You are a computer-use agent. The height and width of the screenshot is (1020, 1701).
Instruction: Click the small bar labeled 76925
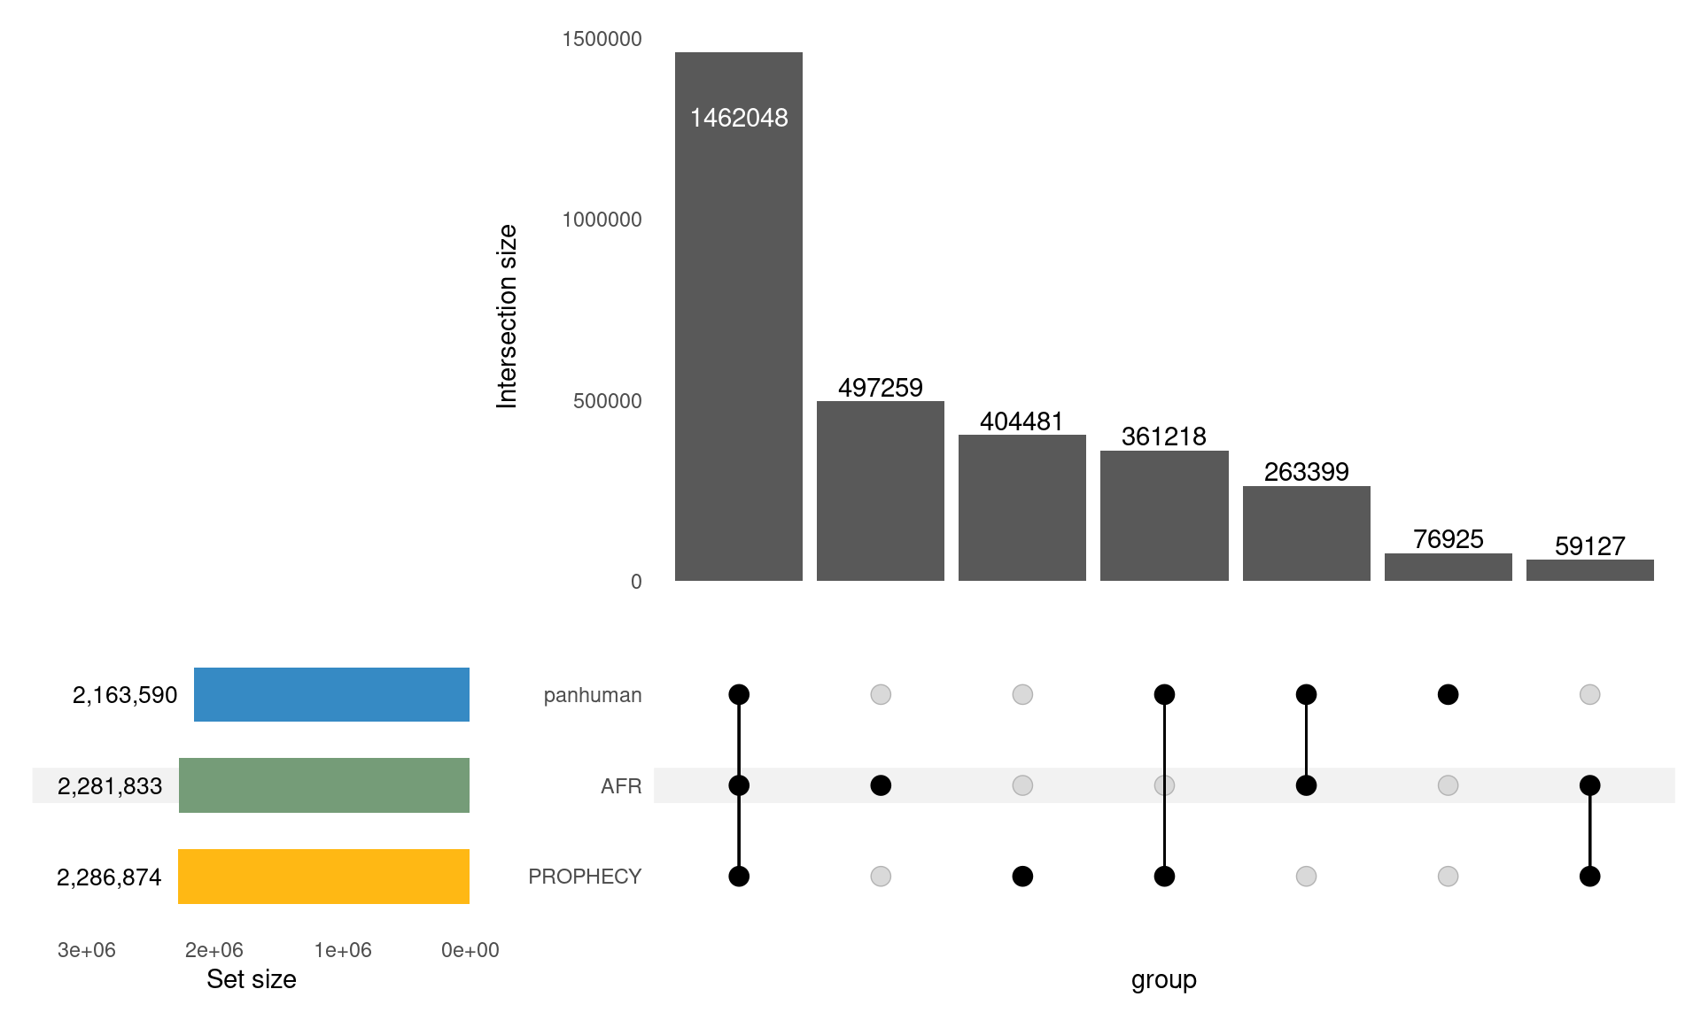(x=1448, y=568)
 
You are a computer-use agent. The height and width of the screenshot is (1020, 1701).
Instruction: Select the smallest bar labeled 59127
(x=1589, y=571)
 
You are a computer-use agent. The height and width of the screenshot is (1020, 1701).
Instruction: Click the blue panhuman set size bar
(x=331, y=695)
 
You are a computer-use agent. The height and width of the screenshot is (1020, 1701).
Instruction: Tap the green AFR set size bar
(x=324, y=785)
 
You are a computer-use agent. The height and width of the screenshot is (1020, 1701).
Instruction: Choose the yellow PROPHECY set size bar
(x=323, y=877)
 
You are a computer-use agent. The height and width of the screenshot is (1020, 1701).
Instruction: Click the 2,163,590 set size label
(x=125, y=695)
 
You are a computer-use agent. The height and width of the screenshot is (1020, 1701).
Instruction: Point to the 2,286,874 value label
(x=109, y=877)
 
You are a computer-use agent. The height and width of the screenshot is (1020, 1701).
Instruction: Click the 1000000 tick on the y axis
(x=602, y=220)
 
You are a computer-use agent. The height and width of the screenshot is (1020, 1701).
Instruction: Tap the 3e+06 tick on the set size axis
(x=86, y=950)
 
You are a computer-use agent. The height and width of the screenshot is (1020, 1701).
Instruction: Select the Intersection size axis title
(x=507, y=316)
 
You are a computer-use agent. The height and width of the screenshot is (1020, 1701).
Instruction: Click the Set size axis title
(x=251, y=979)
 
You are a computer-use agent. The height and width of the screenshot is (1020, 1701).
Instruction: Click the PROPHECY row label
(x=585, y=877)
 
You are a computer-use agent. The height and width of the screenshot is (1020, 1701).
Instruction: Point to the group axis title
(x=1163, y=980)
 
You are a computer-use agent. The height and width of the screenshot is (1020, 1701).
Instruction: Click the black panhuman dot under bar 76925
(x=1448, y=695)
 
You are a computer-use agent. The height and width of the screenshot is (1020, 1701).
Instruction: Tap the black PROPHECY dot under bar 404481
(x=1022, y=877)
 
